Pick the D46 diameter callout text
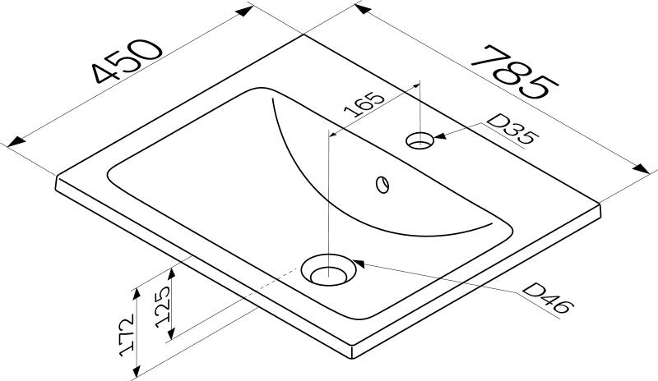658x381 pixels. pos(548,299)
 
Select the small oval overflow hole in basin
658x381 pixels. pos(382,183)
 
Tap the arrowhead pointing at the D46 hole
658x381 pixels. pos(358,264)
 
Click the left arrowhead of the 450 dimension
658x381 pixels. pos(12,145)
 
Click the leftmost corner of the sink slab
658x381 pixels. pos(56,177)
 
